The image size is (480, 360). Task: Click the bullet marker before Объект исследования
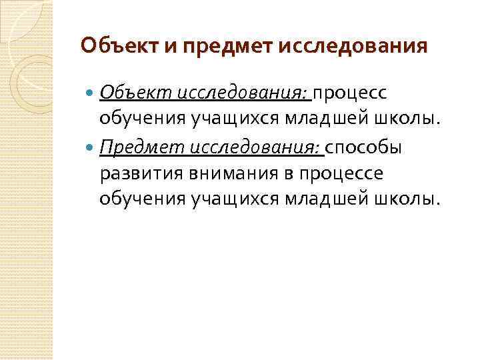point(91,92)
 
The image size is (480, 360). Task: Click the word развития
point(137,173)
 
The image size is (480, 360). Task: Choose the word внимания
point(225,173)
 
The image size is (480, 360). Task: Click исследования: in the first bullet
point(242,91)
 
